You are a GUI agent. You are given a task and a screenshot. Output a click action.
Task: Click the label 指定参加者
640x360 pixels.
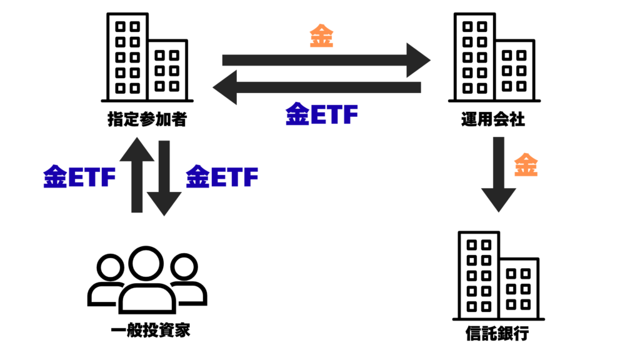pyautogui.click(x=147, y=119)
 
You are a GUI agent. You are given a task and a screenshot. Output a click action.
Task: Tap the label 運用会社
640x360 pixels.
pyautogui.click(x=494, y=119)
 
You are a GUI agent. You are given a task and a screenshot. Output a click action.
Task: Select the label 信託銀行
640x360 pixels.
pyautogui.click(x=497, y=333)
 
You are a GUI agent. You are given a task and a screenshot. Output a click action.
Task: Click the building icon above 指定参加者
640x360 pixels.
pyautogui.click(x=147, y=57)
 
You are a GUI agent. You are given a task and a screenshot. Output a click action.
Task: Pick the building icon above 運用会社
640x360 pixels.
pyautogui.click(x=494, y=57)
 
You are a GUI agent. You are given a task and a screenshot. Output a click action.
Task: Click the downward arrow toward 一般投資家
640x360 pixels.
pyautogui.click(x=164, y=177)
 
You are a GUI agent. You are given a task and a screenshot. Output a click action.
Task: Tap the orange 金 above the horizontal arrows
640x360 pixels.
pyautogui.click(x=322, y=37)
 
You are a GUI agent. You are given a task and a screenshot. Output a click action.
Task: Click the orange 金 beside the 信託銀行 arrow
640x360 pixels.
pyautogui.click(x=526, y=166)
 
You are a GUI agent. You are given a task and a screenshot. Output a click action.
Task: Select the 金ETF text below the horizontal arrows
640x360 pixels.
pyautogui.click(x=322, y=115)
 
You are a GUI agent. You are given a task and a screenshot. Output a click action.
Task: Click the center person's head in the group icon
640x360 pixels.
pyautogui.click(x=146, y=263)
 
